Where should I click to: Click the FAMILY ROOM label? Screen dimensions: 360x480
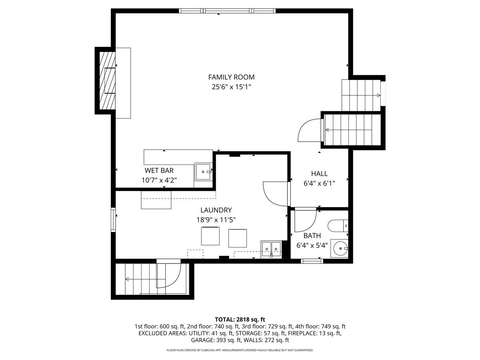231,77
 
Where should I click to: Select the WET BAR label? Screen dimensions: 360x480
159,171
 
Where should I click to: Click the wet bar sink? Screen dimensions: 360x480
204,172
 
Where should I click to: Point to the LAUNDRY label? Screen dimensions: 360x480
216,210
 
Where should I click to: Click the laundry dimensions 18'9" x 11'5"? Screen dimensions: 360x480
216,219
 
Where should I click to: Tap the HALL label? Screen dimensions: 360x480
319,174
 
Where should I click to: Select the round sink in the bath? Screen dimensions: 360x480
340,249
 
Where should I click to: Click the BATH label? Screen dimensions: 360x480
312,236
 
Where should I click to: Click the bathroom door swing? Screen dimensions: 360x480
305,220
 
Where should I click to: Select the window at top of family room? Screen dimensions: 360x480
227,11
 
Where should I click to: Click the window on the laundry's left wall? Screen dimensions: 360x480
114,220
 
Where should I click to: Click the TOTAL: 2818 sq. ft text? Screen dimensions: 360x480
240,319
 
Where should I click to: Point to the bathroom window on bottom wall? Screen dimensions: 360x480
312,261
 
